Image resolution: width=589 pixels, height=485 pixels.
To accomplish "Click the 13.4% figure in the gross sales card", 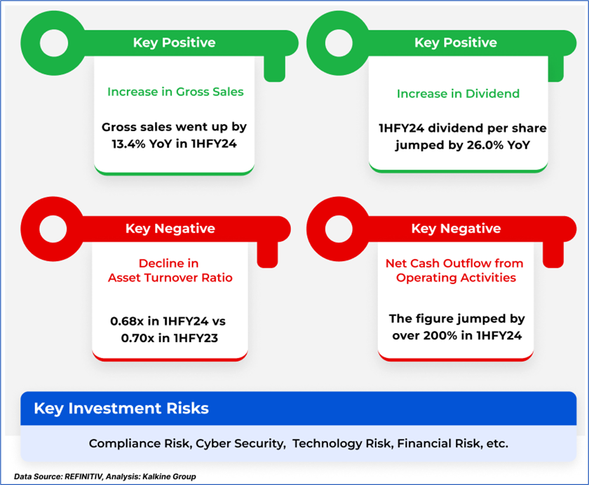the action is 129,144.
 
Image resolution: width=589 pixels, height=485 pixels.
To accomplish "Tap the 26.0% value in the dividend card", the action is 485,145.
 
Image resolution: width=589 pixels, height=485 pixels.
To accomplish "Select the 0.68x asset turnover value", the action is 127,322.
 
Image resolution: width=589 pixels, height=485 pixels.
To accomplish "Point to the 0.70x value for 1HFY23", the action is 138,338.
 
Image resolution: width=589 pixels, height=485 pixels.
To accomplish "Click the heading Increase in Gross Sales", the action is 175,92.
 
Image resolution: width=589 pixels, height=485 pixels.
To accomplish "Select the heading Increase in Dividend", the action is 458,94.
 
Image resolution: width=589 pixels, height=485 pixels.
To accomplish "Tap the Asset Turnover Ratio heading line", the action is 170,278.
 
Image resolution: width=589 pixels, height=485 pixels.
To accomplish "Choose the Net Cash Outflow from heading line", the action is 454,263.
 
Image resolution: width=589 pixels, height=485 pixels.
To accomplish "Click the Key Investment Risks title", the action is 121,408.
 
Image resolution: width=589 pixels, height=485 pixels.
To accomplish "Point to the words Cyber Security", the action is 241,444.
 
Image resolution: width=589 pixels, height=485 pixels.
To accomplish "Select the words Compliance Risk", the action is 141,444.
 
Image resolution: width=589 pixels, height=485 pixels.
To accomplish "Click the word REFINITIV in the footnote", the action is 83,477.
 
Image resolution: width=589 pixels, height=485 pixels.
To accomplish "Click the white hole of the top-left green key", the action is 54,43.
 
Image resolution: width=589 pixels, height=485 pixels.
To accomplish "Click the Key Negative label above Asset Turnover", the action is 170,228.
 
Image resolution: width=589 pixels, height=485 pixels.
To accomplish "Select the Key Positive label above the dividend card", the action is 456,43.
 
